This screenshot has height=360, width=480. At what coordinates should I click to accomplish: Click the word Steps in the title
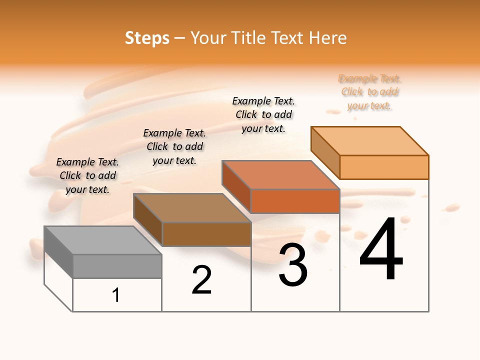click(x=146, y=38)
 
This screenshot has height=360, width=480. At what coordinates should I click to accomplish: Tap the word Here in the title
click(x=327, y=38)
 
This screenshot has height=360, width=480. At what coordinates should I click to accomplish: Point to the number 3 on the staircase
click(x=293, y=265)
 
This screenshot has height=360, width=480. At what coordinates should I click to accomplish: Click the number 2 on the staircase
click(x=201, y=280)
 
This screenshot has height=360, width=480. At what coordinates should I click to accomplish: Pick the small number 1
click(x=116, y=295)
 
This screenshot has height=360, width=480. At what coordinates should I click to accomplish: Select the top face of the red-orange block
click(x=280, y=175)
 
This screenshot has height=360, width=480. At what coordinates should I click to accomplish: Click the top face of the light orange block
click(x=369, y=141)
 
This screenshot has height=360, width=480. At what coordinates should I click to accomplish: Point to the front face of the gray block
click(x=117, y=266)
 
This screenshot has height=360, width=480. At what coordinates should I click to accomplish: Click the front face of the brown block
click(x=206, y=234)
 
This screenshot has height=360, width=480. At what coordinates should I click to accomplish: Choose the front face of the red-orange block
click(x=295, y=201)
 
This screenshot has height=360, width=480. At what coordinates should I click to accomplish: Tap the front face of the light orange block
click(x=384, y=167)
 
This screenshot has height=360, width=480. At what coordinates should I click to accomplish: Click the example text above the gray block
click(x=87, y=175)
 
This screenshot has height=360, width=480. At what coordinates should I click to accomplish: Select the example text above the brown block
click(x=174, y=146)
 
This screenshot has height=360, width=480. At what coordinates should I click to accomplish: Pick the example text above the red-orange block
click(x=263, y=114)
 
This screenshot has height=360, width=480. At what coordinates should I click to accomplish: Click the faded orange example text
click(x=369, y=92)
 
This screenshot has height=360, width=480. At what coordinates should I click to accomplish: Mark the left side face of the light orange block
click(x=325, y=152)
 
